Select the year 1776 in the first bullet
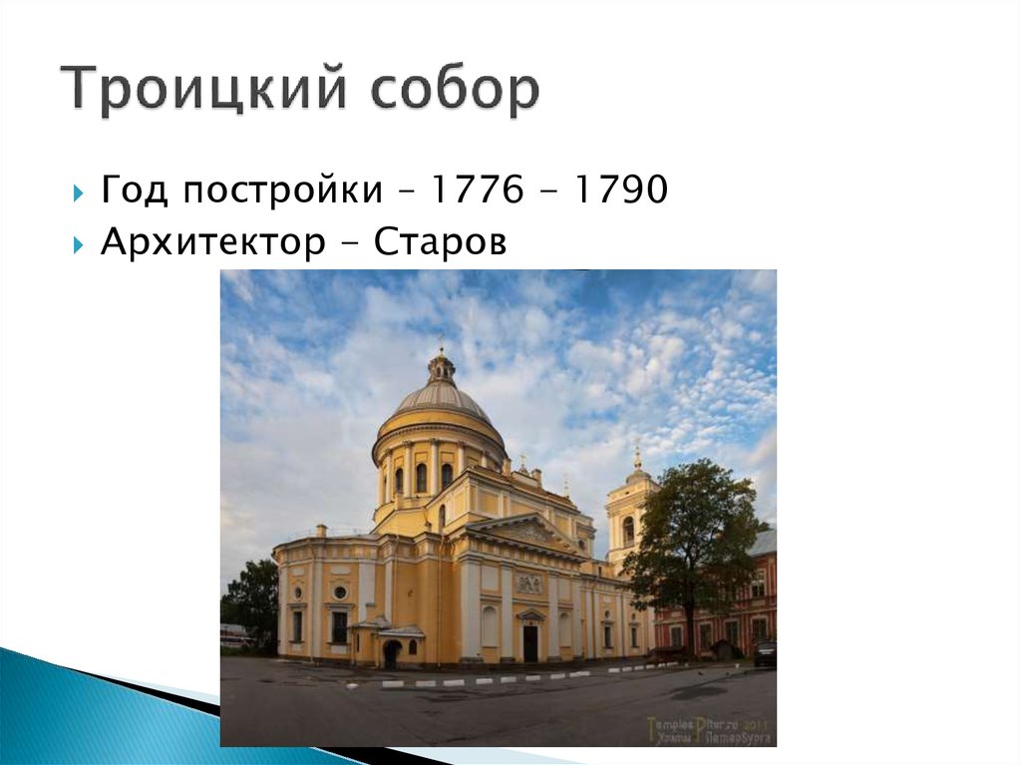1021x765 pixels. pos(477,190)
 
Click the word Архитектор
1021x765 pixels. pos(204,242)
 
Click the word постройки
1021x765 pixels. pos(269,191)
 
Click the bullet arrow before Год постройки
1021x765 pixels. pos(79,191)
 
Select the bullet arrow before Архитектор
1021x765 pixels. pos(79,243)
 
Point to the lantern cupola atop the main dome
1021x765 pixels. pos(440,367)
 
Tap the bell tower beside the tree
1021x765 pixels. pos(630,509)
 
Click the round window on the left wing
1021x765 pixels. pos(340,591)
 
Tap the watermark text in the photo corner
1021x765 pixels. pos(708,730)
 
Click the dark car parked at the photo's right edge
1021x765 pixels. pos(765,653)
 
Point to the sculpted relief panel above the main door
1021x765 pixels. pos(529,583)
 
